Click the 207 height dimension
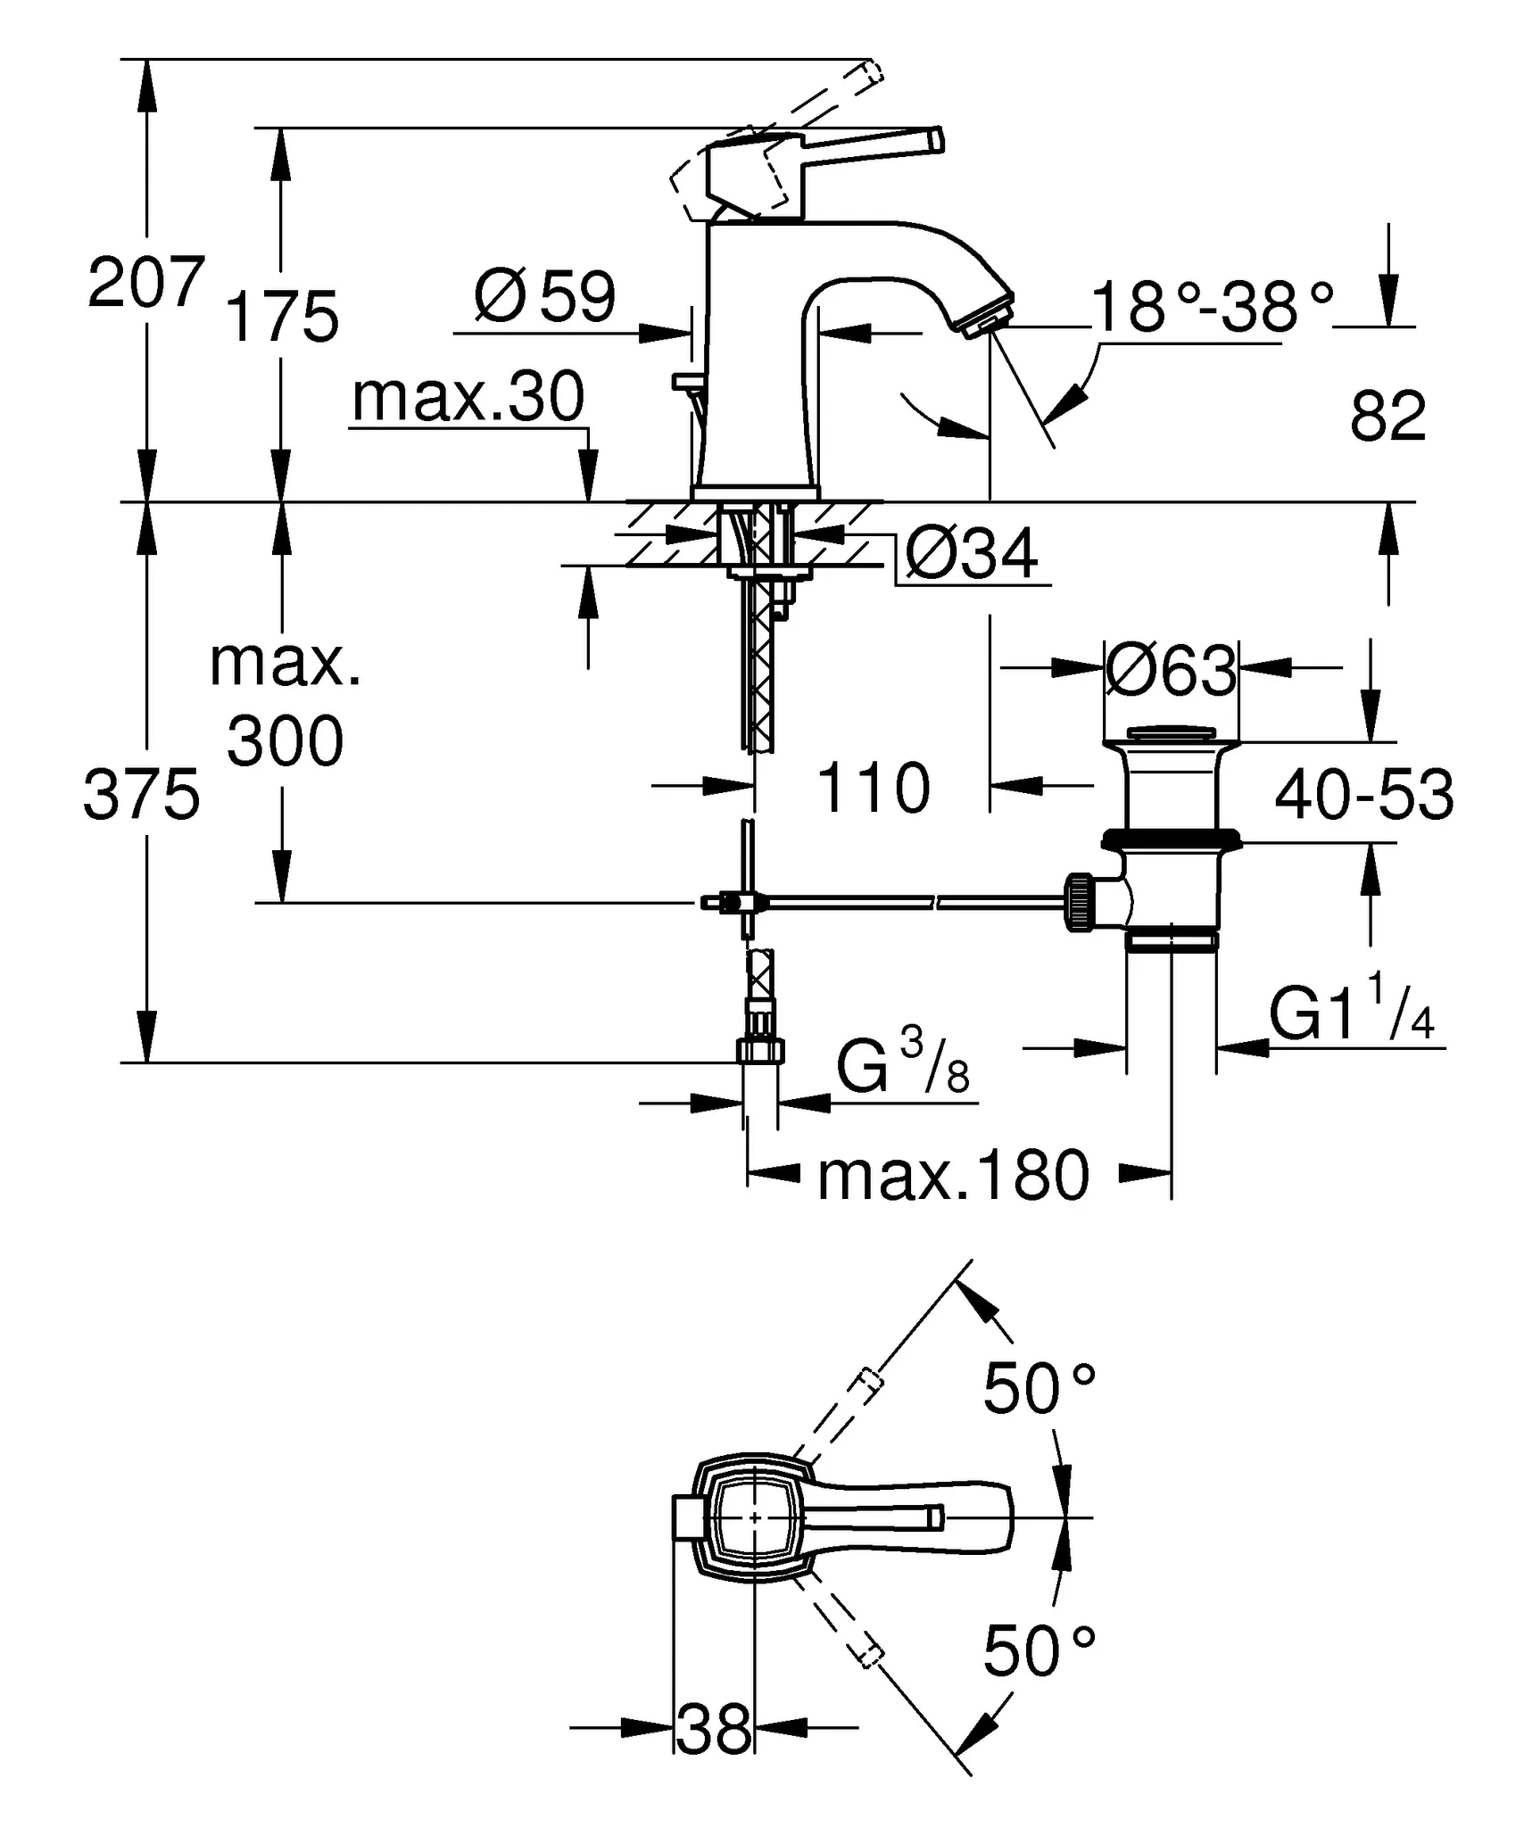point(146,282)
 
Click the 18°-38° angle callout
point(1213,306)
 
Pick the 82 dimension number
point(1387,416)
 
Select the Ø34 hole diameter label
point(971,554)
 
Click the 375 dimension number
point(141,795)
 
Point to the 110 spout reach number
point(873,789)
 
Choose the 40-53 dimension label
point(1364,794)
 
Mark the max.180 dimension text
point(953,1175)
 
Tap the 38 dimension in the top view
point(714,1728)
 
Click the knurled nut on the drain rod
point(1078,903)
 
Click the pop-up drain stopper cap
point(1171,733)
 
